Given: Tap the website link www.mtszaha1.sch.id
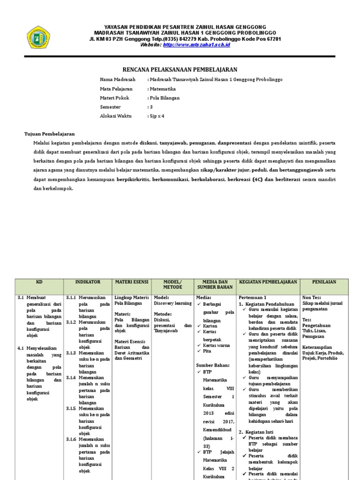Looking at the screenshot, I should pyautogui.click(x=197, y=45).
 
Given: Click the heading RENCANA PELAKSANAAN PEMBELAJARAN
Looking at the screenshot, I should pyautogui.click(x=180, y=69).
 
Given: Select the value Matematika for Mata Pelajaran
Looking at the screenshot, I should pyautogui.click(x=162, y=89).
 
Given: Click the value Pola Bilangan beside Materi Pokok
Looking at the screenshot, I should pyautogui.click(x=164, y=98).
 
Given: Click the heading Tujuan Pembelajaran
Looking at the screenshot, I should pyautogui.click(x=50, y=134).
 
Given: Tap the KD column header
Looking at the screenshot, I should pyautogui.click(x=39, y=282).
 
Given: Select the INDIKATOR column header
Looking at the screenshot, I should pyautogui.click(x=88, y=282).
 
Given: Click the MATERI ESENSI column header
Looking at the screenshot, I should pyautogui.click(x=132, y=282).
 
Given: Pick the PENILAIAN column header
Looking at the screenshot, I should pyautogui.click(x=325, y=282).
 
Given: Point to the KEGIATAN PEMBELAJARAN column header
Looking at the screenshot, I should pyautogui.click(x=268, y=282).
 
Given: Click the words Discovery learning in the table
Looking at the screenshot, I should pyautogui.click(x=172, y=303).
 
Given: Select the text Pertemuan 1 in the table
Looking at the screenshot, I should pyautogui.click(x=253, y=298).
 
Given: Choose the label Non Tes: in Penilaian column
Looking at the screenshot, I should pyautogui.click(x=311, y=298).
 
